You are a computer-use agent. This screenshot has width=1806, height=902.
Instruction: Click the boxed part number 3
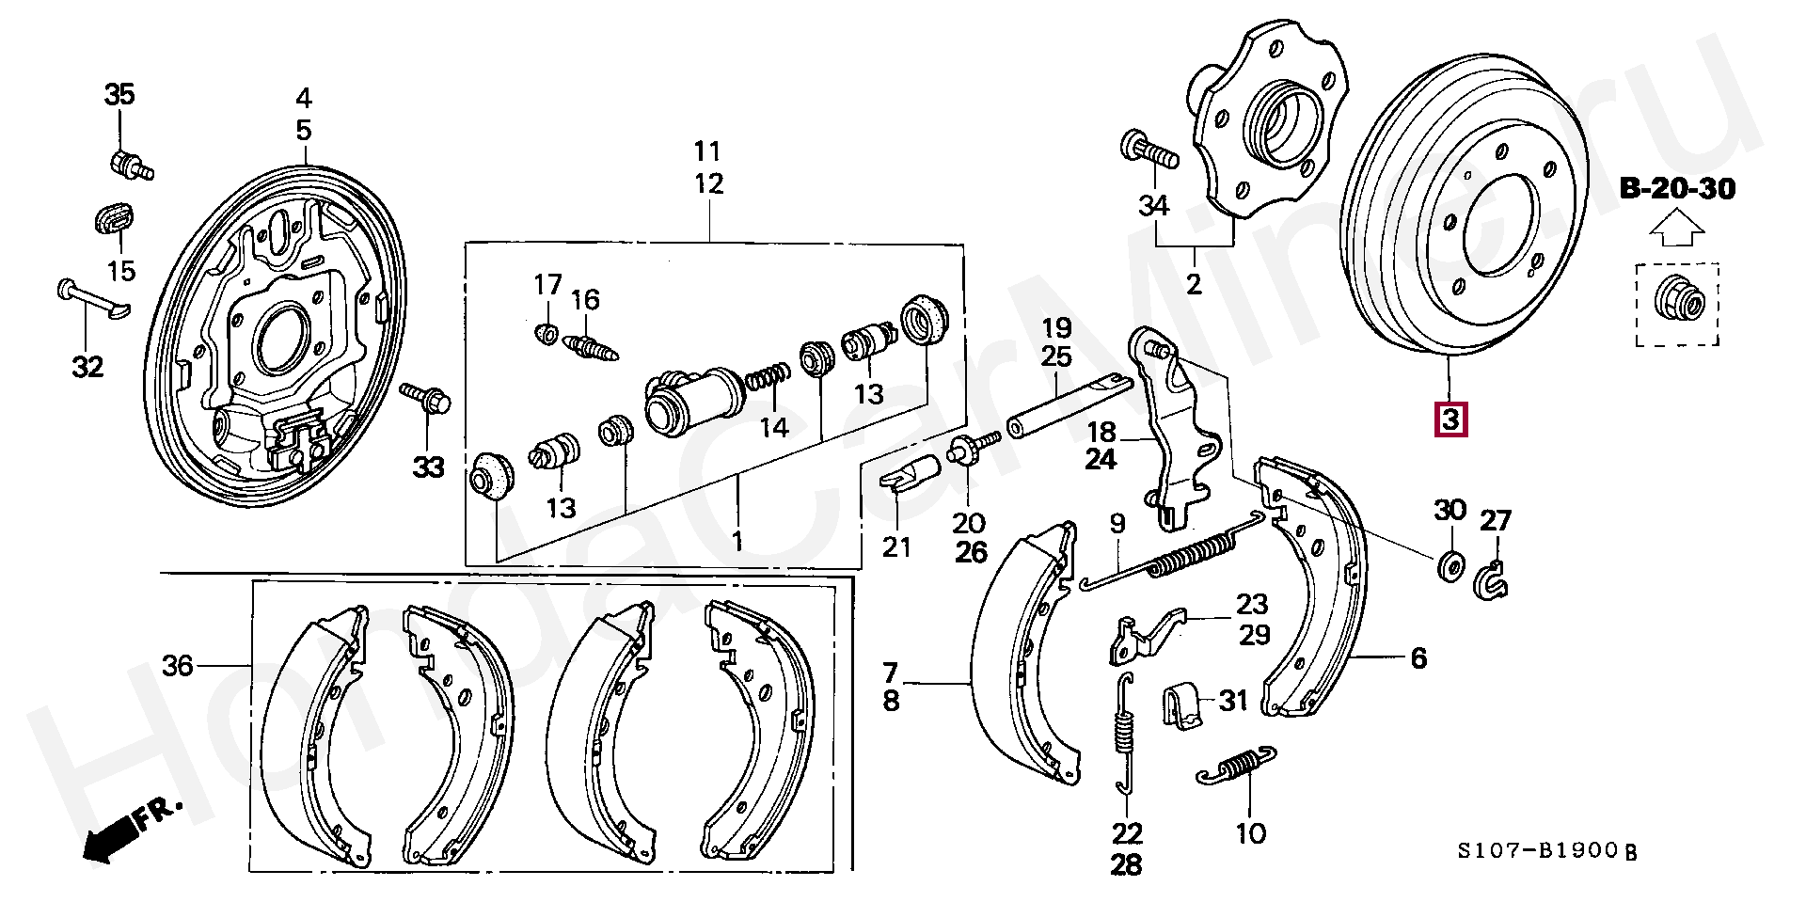pyautogui.click(x=1450, y=419)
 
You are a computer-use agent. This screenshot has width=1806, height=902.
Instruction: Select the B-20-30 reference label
pyautogui.click(x=1677, y=189)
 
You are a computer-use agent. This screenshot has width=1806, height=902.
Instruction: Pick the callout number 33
pyautogui.click(x=428, y=467)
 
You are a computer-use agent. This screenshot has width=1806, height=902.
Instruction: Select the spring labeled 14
pyautogui.click(x=768, y=378)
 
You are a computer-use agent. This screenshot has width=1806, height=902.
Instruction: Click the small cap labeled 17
pyautogui.click(x=545, y=333)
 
